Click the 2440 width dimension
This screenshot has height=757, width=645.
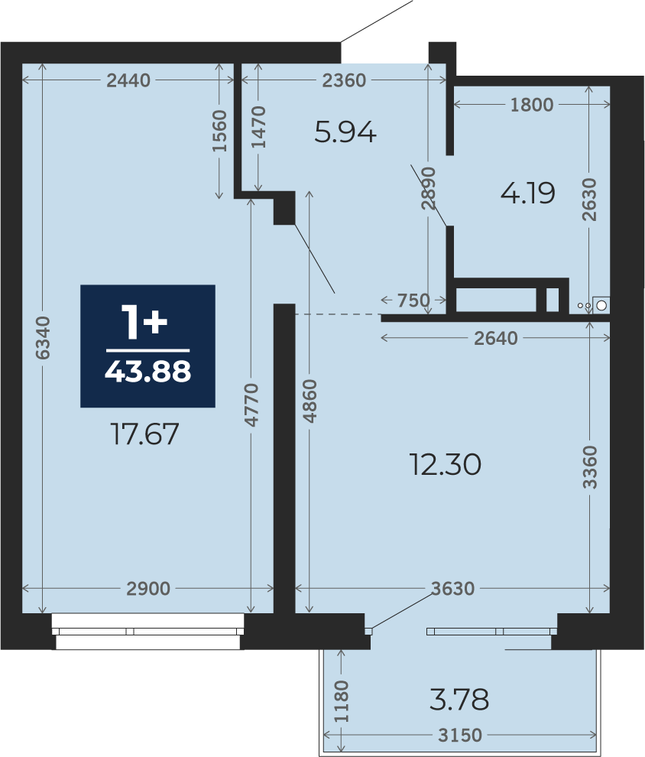click(x=128, y=80)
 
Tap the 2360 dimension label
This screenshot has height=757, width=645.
click(x=344, y=80)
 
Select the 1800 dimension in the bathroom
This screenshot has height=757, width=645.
click(x=532, y=105)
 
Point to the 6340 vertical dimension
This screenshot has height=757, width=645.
click(x=43, y=337)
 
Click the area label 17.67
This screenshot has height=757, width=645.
click(x=144, y=434)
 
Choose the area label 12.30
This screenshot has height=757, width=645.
click(x=445, y=464)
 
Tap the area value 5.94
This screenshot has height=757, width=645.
click(x=345, y=132)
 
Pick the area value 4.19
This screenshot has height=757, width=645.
click(x=528, y=193)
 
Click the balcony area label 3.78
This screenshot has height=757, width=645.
click(x=459, y=700)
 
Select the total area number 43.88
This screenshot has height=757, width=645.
click(x=147, y=372)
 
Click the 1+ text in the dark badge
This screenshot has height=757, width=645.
click(x=144, y=322)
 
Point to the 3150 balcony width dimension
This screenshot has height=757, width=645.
click(x=460, y=736)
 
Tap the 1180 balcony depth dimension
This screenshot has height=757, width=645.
click(x=341, y=701)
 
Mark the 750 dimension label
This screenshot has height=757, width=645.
click(x=413, y=301)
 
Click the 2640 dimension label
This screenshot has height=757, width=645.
click(x=495, y=339)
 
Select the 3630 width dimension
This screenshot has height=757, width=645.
click(x=452, y=589)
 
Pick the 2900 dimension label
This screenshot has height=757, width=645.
click(x=148, y=589)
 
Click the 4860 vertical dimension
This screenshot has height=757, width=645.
click(x=310, y=401)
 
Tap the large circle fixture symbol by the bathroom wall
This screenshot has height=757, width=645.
click(x=601, y=306)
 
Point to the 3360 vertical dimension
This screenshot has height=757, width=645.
click(x=589, y=467)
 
